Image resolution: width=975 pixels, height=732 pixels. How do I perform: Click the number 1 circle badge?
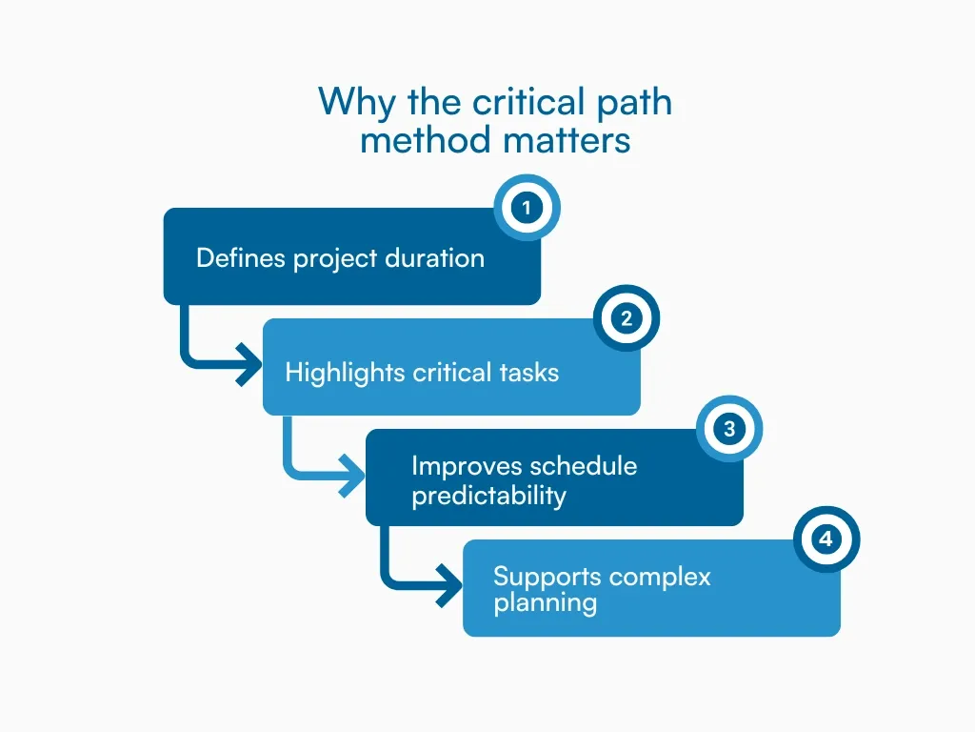coord(527,207)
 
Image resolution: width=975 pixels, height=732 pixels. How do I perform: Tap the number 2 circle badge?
coord(627,318)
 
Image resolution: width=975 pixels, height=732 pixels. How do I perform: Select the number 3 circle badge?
coord(729,429)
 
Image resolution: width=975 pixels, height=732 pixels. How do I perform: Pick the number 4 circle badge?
coord(826,539)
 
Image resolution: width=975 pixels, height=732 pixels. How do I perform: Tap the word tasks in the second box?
coord(528,372)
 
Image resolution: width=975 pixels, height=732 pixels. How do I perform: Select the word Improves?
coord(467,466)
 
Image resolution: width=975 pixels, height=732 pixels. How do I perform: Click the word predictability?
coord(488,497)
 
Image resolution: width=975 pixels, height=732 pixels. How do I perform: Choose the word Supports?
coord(547,577)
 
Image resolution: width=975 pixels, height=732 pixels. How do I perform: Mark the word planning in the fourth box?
coord(545,603)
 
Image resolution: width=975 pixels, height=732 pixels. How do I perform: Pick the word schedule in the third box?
coord(584,466)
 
